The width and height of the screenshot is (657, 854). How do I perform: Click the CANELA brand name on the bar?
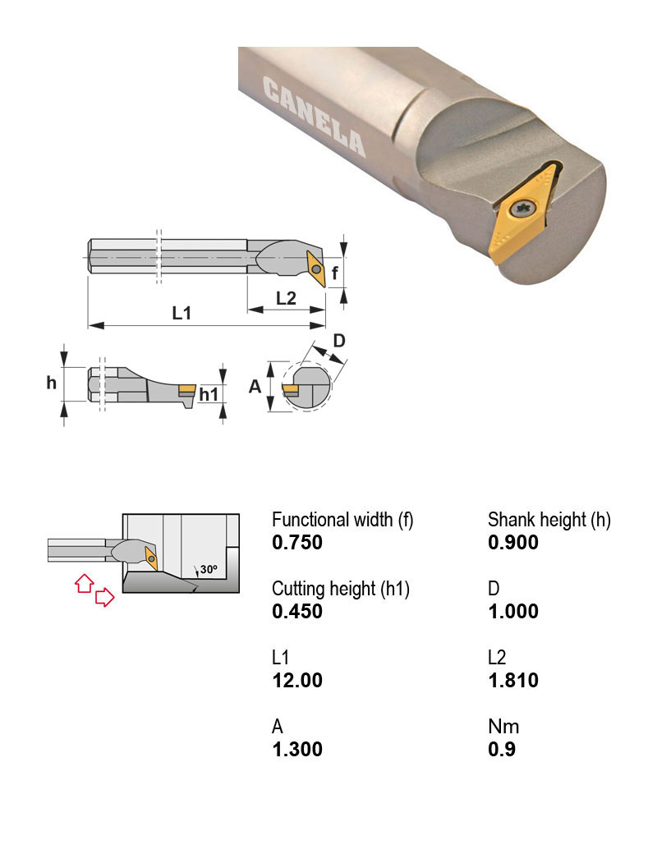point(315,116)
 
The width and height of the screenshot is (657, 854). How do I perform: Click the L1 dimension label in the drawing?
point(181,313)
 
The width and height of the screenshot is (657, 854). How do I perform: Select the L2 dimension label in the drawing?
point(286,298)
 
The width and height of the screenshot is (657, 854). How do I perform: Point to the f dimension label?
point(335,273)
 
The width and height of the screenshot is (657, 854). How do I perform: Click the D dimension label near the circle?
point(339,341)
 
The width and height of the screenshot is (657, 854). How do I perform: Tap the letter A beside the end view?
point(255,387)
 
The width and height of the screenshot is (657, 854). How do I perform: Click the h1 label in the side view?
point(209,394)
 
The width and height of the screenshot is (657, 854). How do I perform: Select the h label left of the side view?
point(51,383)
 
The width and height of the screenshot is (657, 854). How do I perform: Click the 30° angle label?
point(209,569)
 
